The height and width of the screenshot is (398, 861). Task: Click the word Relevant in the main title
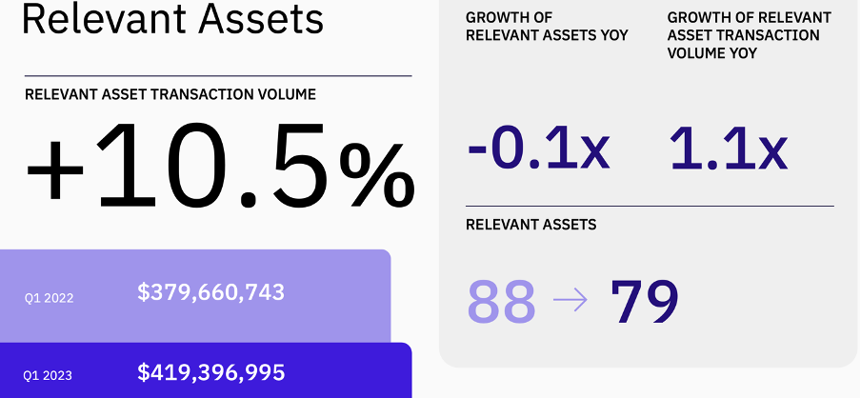pos(94,18)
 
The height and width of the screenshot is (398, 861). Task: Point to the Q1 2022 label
pos(49,297)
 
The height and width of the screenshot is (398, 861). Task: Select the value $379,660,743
pos(211,292)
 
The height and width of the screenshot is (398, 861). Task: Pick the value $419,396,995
pos(211,372)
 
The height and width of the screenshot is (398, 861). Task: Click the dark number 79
pos(645,302)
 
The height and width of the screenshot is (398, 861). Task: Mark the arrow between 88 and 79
pos(571,302)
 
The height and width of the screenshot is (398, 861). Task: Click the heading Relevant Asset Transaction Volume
pos(170,94)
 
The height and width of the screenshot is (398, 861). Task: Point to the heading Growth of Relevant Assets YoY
pos(547,27)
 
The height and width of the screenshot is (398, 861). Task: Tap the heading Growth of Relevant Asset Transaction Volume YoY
pos(749,35)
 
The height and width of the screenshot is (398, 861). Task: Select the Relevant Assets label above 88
pos(531,225)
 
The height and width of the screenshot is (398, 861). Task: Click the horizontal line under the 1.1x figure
pos(650,206)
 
